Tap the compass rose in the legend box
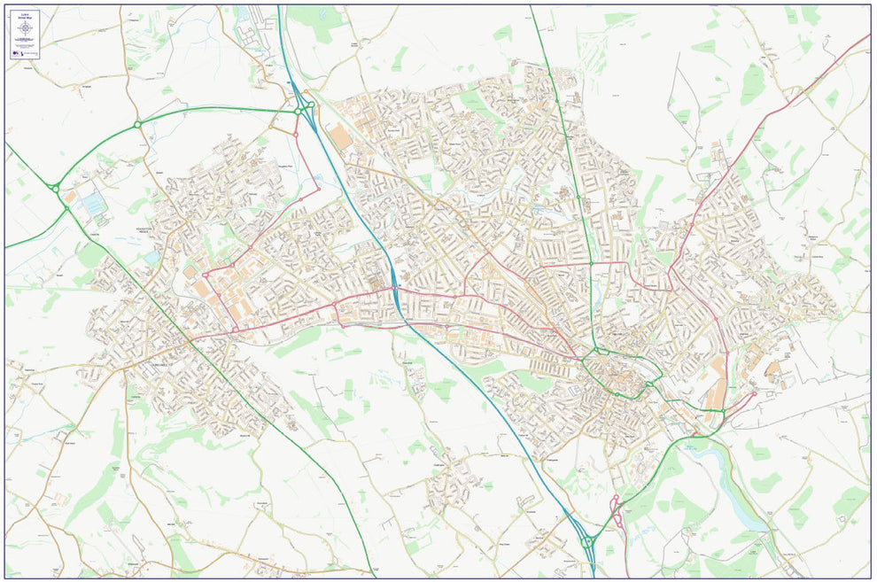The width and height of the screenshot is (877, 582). (x=26, y=28)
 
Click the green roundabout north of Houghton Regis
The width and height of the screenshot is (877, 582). (x=137, y=125)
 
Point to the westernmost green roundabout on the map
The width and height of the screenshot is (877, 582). (x=55, y=188)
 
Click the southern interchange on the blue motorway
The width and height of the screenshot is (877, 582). (x=586, y=541)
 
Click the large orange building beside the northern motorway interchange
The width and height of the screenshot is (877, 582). (x=338, y=137)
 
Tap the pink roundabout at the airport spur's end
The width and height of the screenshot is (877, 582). (x=754, y=394)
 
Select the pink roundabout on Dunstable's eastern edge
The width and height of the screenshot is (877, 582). (x=235, y=330)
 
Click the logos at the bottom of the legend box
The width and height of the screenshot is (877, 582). (x=26, y=53)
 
